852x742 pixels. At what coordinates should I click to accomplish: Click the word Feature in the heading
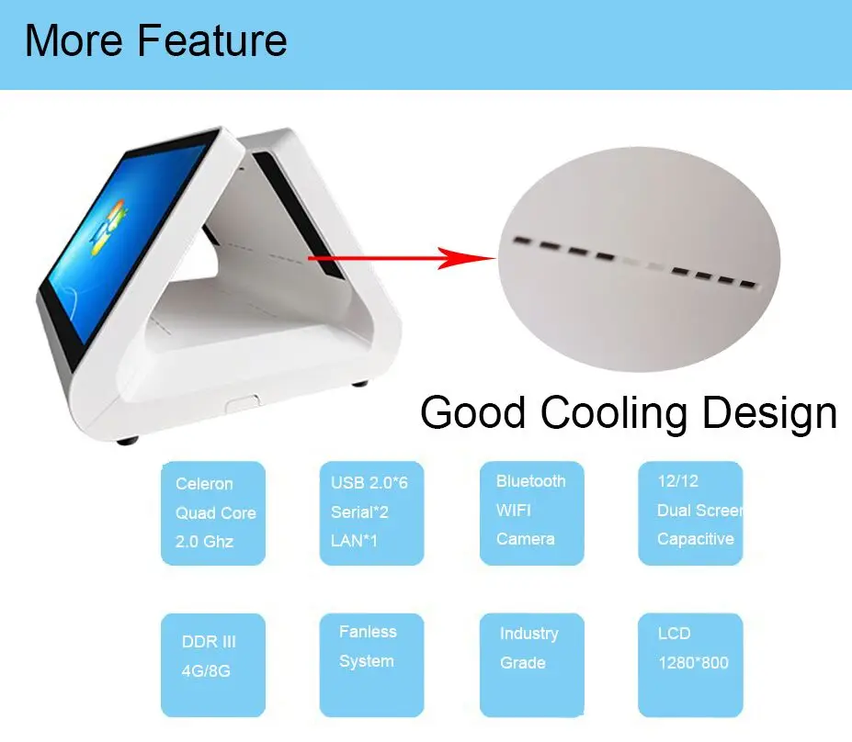[212, 40]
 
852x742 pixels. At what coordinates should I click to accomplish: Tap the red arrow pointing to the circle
[402, 258]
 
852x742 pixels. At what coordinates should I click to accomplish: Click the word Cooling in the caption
[614, 413]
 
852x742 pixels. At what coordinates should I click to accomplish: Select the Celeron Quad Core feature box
[213, 513]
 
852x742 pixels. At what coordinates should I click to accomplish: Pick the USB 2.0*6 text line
[369, 482]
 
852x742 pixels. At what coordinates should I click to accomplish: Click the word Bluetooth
[531, 481]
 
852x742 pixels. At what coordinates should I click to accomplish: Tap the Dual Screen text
[699, 511]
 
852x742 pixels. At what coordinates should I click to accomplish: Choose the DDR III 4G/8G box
[213, 665]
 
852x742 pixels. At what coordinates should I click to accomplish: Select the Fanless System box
[371, 665]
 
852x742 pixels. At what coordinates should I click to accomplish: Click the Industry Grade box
[532, 665]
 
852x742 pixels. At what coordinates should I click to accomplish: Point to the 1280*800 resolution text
[693, 663]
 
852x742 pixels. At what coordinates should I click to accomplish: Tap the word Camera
[526, 539]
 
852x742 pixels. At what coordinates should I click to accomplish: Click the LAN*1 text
[354, 541]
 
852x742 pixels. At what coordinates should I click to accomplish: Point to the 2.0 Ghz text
[204, 541]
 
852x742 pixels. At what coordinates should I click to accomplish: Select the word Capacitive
[696, 539]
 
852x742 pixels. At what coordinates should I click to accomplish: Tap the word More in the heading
[74, 40]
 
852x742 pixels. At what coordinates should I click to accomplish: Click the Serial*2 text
[359, 512]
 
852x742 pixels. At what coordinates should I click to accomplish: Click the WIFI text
[514, 511]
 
